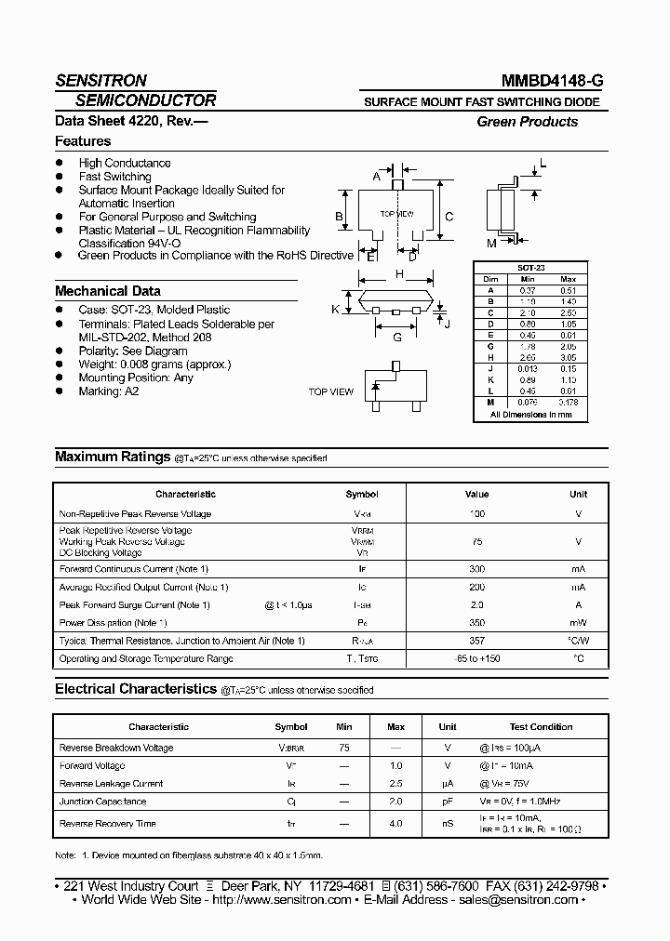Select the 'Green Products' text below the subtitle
click(527, 122)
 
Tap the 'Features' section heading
click(83, 141)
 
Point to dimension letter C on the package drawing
click(449, 217)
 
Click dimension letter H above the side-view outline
click(399, 274)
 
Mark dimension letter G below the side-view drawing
click(397, 337)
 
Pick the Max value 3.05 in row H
click(569, 356)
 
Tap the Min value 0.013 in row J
click(527, 367)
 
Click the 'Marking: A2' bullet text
click(108, 391)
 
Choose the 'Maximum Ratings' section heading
click(112, 457)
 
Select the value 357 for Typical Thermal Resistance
click(476, 641)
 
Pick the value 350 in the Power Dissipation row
click(476, 622)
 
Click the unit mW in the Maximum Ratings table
click(578, 622)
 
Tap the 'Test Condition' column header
click(541, 727)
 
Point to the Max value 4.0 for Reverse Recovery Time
click(395, 824)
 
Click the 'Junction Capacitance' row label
click(102, 802)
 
